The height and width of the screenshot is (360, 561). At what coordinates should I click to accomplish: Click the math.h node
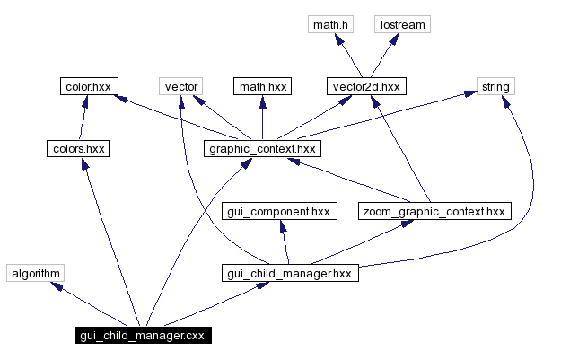[x=330, y=24]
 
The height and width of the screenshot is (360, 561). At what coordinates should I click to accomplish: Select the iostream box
[x=401, y=24]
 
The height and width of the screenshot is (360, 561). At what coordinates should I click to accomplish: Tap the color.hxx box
[x=87, y=87]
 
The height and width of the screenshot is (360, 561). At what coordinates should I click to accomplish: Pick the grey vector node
[x=181, y=87]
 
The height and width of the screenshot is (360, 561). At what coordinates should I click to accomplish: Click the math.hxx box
[x=262, y=87]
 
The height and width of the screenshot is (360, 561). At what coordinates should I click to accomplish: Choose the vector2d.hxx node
[x=364, y=87]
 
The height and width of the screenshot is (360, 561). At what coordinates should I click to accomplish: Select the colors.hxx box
[x=78, y=149]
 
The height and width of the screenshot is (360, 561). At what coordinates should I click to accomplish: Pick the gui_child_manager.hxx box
[x=290, y=273]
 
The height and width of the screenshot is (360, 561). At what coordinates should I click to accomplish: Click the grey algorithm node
[x=36, y=273]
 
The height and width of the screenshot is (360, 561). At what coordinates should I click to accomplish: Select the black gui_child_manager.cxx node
[x=143, y=336]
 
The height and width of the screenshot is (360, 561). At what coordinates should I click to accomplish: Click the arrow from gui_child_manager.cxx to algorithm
[x=90, y=305]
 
